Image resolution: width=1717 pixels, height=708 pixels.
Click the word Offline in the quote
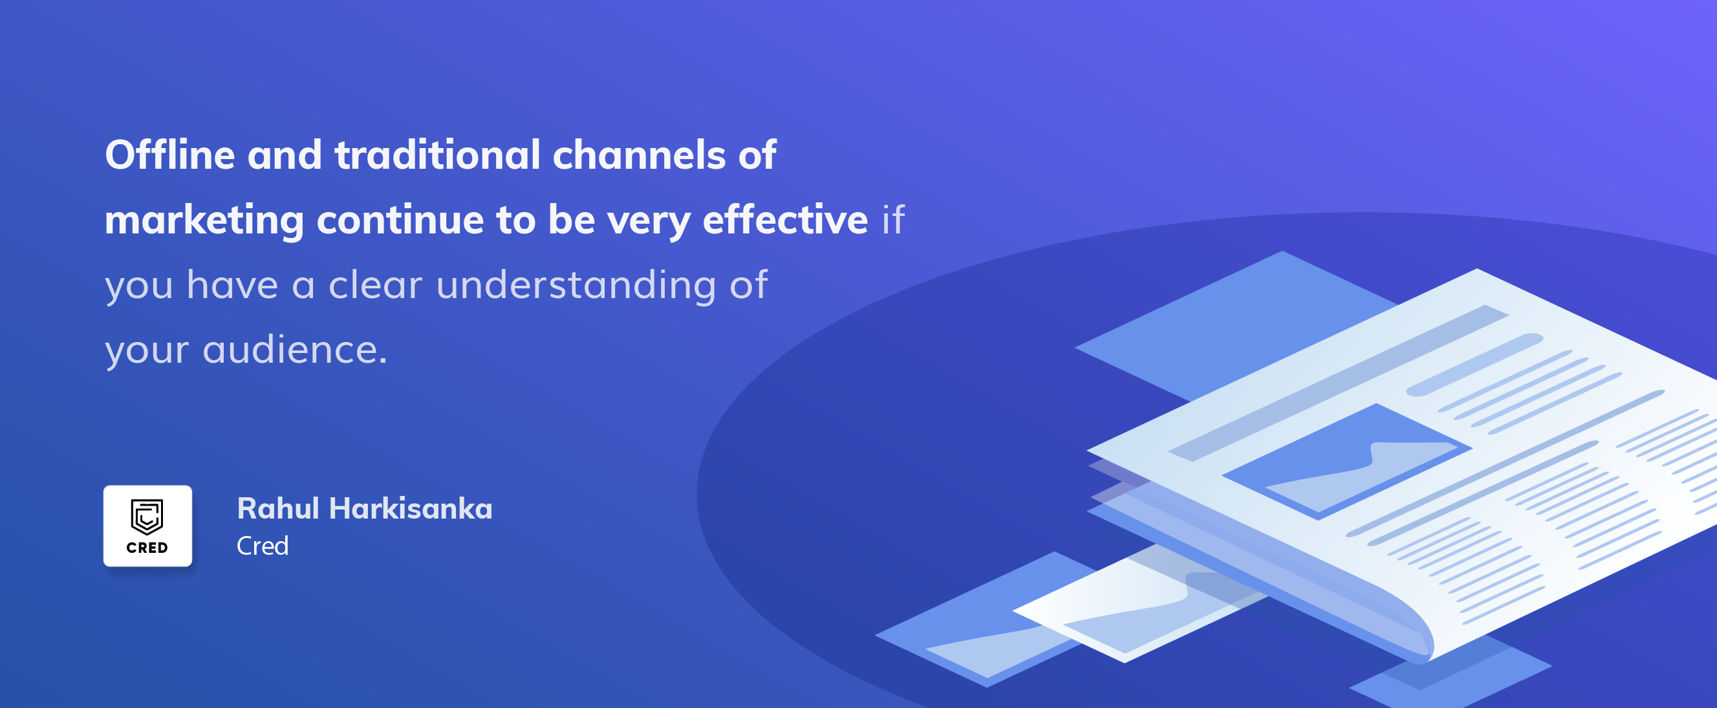point(170,155)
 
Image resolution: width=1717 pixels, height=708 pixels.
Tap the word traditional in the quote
point(437,155)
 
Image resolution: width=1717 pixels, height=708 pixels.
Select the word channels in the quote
point(639,155)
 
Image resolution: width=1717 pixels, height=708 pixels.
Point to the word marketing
point(204,221)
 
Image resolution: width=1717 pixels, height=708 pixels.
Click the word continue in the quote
point(400,220)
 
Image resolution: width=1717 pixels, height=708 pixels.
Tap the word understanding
point(576,286)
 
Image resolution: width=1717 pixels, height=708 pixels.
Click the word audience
point(295,349)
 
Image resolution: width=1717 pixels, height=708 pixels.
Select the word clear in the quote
point(375,284)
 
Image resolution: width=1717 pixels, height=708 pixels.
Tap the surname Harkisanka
point(411,509)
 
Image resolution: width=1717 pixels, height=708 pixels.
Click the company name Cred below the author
point(263,546)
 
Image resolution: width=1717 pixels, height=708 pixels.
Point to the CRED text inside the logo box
point(147,548)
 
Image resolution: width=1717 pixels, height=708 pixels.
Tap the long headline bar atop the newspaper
point(1339,383)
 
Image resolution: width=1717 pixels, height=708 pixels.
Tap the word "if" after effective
point(893,219)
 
